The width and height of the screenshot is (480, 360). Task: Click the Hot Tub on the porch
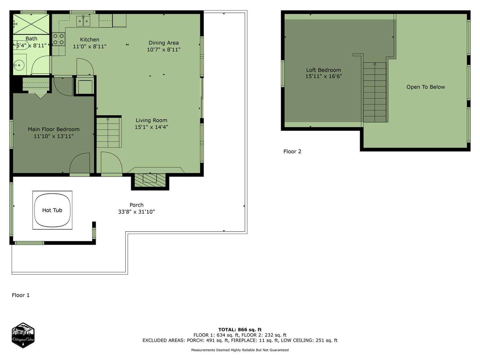(x=52, y=210)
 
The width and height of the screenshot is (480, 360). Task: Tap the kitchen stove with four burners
(x=59, y=39)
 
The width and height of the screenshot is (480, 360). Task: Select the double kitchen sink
(x=83, y=21)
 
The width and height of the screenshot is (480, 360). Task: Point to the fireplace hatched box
(x=150, y=180)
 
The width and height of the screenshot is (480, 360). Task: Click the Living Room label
(x=151, y=120)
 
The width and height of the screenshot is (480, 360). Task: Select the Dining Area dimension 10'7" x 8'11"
(x=163, y=49)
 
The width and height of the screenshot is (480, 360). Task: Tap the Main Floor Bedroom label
(x=54, y=129)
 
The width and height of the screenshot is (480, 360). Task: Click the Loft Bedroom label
(x=323, y=70)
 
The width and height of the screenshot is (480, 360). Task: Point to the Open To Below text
(x=426, y=87)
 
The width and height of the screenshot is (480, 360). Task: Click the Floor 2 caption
(x=292, y=152)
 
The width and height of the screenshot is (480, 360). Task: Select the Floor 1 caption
(x=20, y=295)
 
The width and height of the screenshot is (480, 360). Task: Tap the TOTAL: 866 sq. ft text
(x=240, y=330)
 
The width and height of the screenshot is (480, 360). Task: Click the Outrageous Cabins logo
(x=23, y=335)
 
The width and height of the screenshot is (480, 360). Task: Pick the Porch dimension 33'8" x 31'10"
(x=136, y=211)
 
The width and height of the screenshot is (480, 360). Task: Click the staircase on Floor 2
(x=375, y=92)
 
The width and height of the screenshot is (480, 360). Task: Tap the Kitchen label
(x=90, y=39)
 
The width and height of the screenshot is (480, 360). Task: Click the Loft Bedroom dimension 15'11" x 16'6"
(x=323, y=76)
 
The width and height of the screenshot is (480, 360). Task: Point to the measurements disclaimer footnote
(x=240, y=350)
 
